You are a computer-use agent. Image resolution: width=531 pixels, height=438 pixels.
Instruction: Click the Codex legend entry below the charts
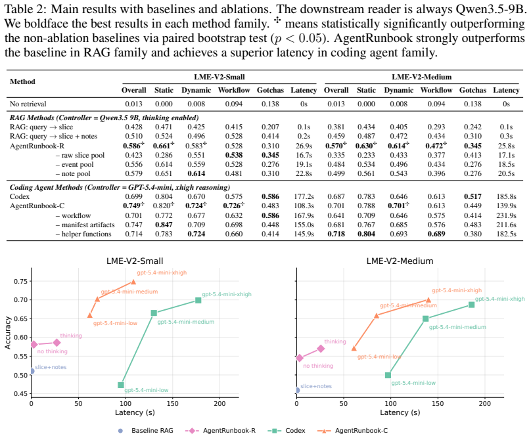(286, 431)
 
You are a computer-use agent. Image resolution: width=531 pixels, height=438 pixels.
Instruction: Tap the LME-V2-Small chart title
(135, 261)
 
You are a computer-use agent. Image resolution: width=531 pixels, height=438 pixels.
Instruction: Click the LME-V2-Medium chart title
(400, 261)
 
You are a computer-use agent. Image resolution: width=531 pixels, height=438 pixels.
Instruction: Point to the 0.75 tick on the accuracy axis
(20, 281)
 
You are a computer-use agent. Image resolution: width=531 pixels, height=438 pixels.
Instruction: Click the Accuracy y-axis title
(7, 333)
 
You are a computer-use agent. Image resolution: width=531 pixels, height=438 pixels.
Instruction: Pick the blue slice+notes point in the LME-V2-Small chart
(32, 371)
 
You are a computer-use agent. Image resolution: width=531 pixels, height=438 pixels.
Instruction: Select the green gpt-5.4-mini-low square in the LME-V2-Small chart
(121, 385)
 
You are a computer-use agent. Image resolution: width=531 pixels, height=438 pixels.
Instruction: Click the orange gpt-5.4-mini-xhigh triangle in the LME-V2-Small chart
(133, 282)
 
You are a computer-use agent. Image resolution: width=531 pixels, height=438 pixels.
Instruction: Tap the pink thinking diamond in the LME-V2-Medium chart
(321, 349)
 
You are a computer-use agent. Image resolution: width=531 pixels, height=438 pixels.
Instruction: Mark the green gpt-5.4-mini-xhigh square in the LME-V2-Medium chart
(471, 305)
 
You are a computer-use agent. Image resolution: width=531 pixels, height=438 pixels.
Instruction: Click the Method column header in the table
(22, 81)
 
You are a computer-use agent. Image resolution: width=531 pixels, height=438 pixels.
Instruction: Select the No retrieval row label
(28, 104)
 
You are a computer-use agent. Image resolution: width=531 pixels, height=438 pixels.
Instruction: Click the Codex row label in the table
(20, 196)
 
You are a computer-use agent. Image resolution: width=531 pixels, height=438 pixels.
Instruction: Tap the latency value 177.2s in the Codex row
(304, 196)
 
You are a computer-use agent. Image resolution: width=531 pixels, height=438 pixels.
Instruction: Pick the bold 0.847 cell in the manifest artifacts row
(164, 225)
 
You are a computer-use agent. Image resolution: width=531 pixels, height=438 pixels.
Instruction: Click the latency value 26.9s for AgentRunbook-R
(304, 146)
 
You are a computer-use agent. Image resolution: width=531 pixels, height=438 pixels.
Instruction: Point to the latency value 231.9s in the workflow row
(506, 215)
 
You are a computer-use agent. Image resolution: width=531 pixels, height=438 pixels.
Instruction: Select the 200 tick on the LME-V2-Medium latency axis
(484, 404)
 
